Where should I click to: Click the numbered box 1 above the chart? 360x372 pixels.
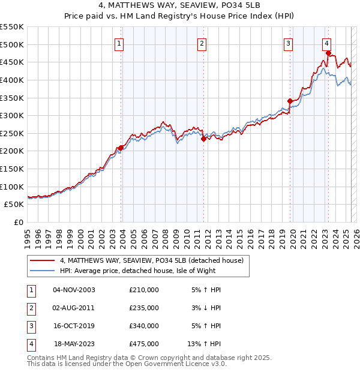[x=119, y=43]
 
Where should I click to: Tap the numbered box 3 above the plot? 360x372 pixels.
[x=289, y=43]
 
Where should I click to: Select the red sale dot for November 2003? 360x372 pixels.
[x=121, y=148]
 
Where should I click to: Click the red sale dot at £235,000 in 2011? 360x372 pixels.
[x=203, y=139]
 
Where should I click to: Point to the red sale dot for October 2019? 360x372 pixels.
[x=290, y=101]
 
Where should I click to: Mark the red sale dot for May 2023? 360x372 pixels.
[x=328, y=53]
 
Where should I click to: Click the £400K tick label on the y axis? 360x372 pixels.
[x=11, y=80]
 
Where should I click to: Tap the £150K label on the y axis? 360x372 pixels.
[x=11, y=169]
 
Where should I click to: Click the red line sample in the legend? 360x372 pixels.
[x=42, y=260]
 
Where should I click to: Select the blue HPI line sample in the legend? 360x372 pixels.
[x=42, y=271]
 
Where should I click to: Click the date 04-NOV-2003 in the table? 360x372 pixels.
[x=74, y=290]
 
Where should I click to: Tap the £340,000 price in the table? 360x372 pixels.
[x=144, y=326]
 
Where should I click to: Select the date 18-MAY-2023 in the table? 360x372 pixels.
[x=74, y=344]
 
